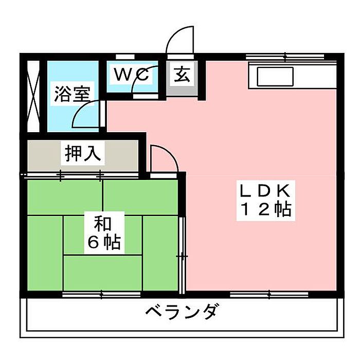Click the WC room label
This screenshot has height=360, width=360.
click(x=131, y=75)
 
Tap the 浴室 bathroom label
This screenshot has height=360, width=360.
click(x=72, y=94)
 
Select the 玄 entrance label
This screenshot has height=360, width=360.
click(x=182, y=75)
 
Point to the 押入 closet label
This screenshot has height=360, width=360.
click(x=83, y=153)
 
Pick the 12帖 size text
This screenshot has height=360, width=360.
click(x=266, y=209)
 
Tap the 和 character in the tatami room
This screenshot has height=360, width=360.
click(x=103, y=224)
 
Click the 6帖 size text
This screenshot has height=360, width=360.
click(x=104, y=242)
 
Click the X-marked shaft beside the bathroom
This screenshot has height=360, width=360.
click(x=33, y=96)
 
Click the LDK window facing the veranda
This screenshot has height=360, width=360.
click(x=269, y=294)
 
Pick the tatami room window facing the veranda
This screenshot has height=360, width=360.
click(x=101, y=294)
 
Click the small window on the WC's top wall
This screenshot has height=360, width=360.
click(x=125, y=57)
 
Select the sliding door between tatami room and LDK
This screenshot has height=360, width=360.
click(x=182, y=255)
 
